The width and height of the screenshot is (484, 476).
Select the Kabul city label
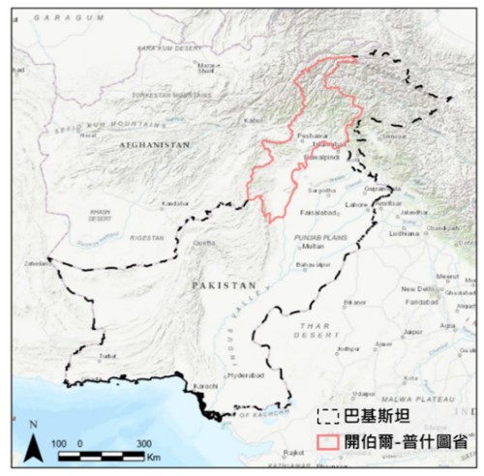click(254, 121)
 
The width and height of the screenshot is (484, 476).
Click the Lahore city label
click(357, 204)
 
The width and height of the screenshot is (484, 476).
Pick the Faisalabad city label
click(317, 211)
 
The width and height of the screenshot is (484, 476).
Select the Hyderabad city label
click(242, 372)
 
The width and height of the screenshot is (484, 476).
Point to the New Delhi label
click(417, 289)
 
